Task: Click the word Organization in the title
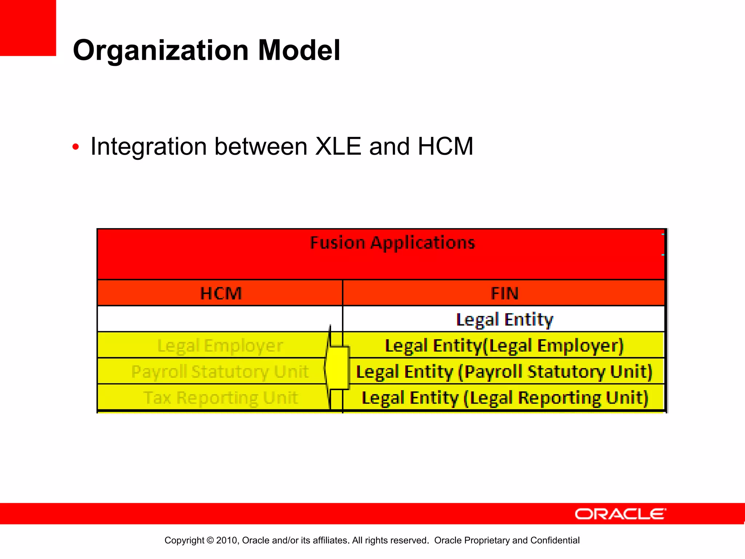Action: click(x=160, y=50)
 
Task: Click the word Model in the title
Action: click(x=299, y=50)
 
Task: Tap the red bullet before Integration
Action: click(x=76, y=147)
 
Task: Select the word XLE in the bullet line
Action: click(x=338, y=146)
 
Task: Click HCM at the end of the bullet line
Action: click(x=445, y=146)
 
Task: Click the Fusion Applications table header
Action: click(x=392, y=243)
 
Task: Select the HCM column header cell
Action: click(x=221, y=293)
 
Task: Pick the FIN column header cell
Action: click(x=504, y=293)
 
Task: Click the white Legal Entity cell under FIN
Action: click(x=504, y=320)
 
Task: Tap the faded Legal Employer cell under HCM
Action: click(x=220, y=345)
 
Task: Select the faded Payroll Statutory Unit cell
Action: click(x=220, y=372)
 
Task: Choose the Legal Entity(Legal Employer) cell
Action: click(x=504, y=345)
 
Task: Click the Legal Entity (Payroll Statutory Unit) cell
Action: click(x=504, y=372)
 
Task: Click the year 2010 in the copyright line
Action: click(x=227, y=540)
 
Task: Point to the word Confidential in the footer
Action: click(x=555, y=540)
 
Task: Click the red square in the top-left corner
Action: click(x=28, y=28)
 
